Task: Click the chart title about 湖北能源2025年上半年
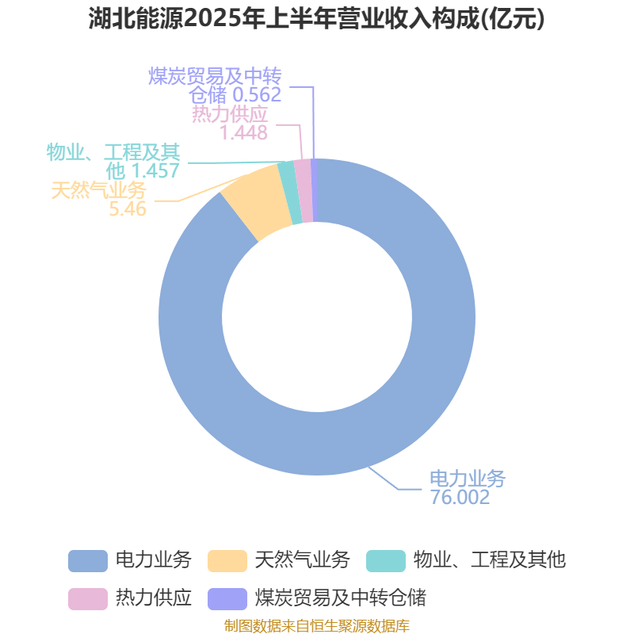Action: point(317,19)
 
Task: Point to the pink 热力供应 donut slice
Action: point(302,190)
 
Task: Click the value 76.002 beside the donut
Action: point(460,498)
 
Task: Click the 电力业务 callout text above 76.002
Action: point(467,479)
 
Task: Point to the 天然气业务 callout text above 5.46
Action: point(99,190)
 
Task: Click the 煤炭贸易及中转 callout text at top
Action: point(216,76)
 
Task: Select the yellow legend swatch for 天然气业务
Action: point(227,560)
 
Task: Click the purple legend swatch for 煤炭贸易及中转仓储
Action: point(227,598)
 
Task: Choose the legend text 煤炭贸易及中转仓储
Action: point(341,598)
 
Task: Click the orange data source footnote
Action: point(317,626)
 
